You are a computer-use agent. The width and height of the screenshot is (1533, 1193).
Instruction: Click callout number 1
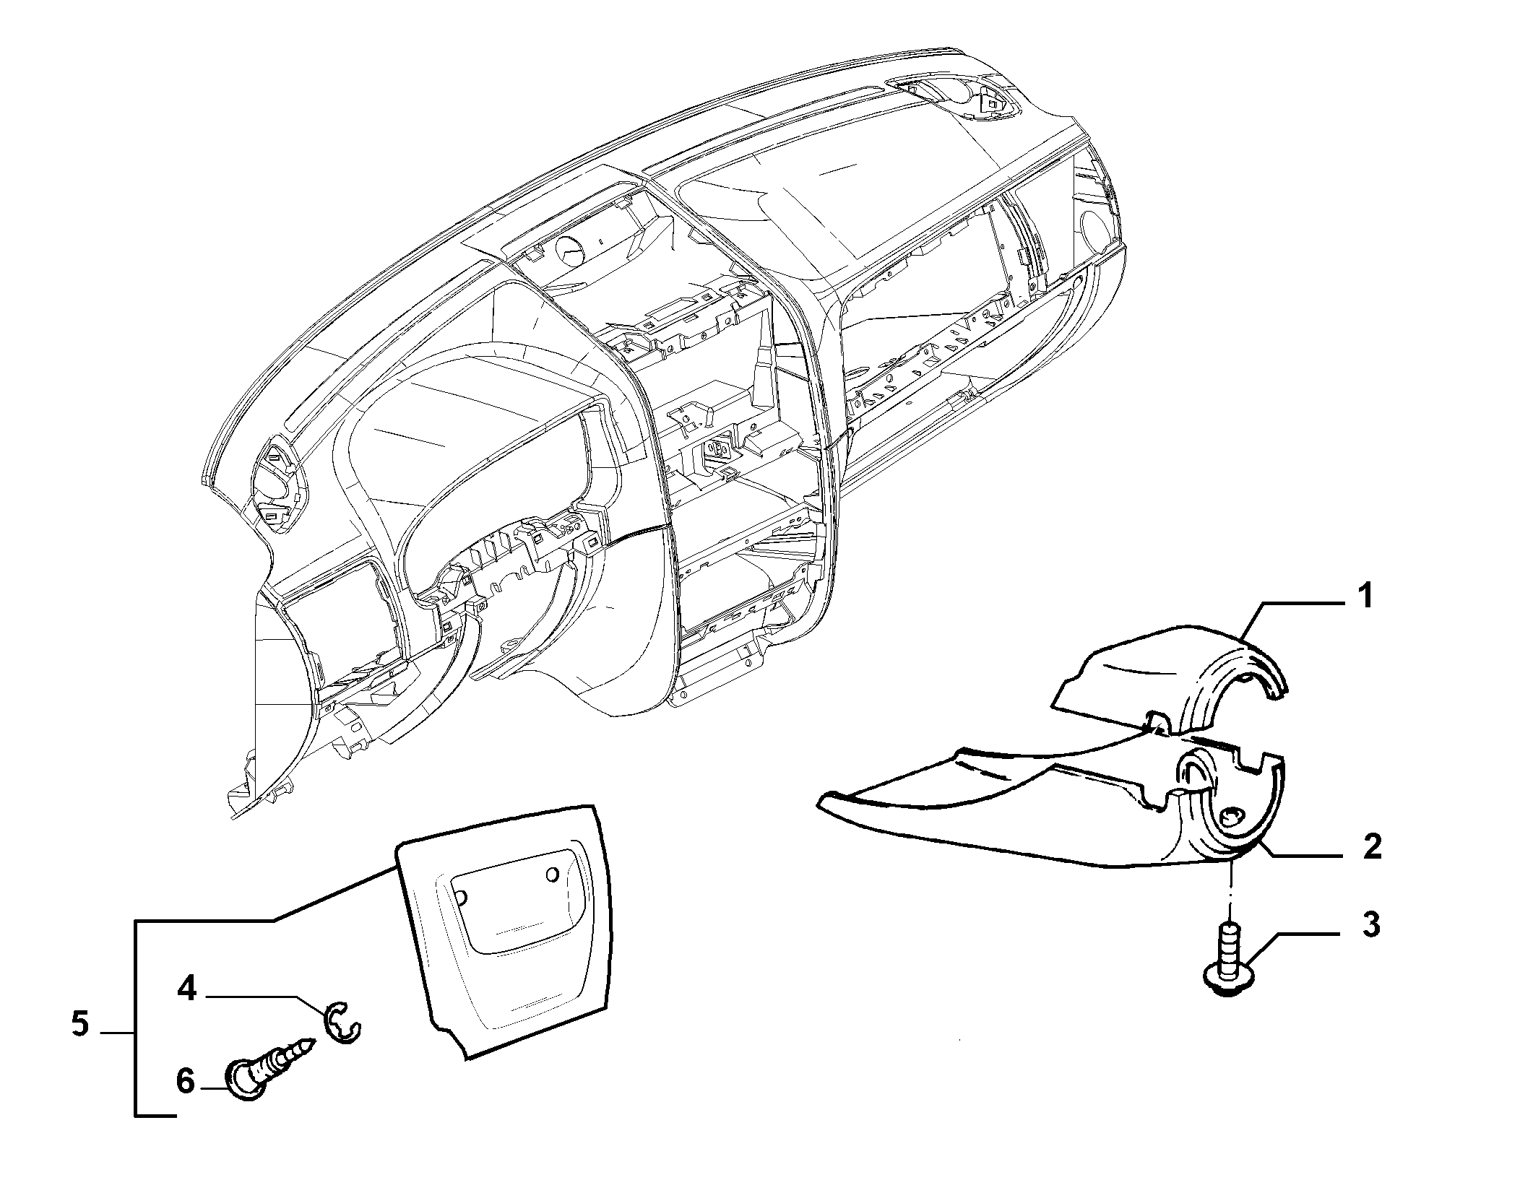point(1364,599)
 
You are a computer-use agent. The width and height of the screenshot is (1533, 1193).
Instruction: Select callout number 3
point(1370,925)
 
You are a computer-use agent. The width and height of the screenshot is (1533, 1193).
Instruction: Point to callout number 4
point(187,989)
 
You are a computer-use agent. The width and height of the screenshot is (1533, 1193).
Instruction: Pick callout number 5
point(80,1024)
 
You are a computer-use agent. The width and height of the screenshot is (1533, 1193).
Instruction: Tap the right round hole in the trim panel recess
point(553,875)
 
